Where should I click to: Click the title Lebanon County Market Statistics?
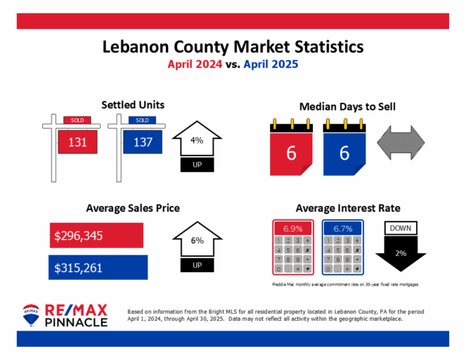tap(233, 47)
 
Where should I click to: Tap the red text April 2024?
tap(200, 64)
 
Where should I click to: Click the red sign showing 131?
tap(77, 142)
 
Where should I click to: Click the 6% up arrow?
tap(197, 244)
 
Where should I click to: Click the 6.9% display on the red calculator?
tap(292, 229)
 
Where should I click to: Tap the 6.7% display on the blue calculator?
tap(343, 229)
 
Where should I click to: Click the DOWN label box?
tap(401, 228)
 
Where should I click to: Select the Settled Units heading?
tap(133, 105)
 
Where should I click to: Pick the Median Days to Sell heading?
tap(347, 107)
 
